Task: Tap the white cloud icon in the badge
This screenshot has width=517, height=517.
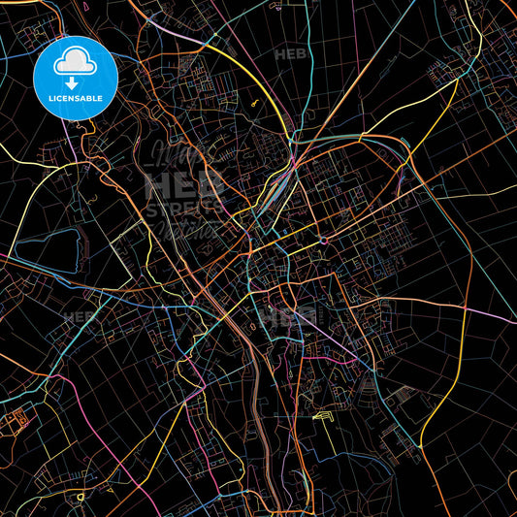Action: [x=76, y=64]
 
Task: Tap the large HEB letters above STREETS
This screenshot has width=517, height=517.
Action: [x=184, y=184]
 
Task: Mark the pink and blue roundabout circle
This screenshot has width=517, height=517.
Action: [x=325, y=240]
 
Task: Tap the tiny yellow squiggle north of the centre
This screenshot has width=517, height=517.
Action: [x=254, y=100]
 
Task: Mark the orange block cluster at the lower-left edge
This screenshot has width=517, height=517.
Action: [x=17, y=422]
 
